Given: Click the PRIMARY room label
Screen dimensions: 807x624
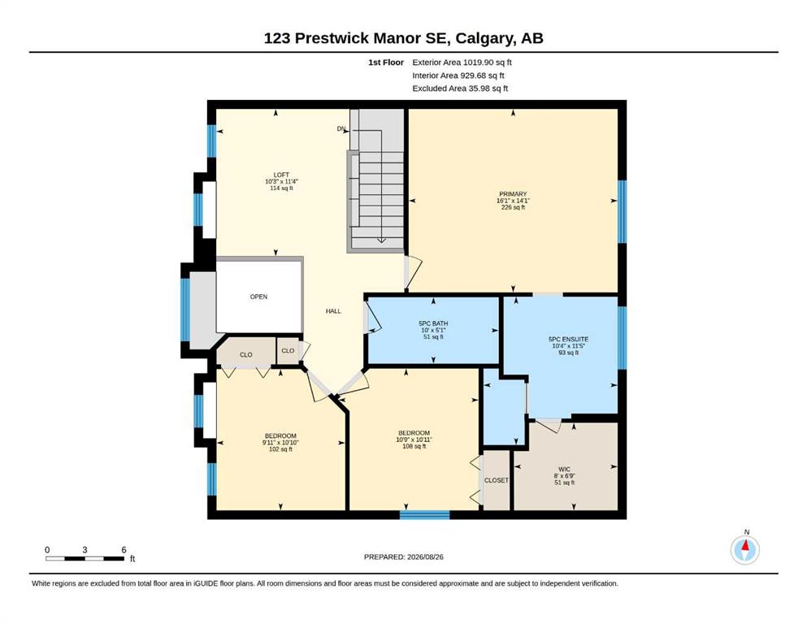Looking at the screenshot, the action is point(513,194).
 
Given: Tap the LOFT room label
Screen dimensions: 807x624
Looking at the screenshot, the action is point(281,175).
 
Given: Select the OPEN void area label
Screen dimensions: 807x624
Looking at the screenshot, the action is point(258,297).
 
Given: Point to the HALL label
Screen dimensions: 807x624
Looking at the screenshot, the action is point(333,311).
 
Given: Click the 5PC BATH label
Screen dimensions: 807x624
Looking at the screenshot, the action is point(433,323).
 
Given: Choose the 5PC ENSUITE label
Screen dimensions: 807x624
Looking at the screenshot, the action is point(568,340).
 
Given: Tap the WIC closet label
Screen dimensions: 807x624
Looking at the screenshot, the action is point(564,470).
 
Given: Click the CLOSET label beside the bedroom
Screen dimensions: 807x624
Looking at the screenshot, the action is point(496,480).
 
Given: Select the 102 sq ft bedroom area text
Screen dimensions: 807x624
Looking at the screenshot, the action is point(280,449).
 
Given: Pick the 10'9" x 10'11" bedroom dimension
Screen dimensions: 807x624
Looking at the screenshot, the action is point(414,440).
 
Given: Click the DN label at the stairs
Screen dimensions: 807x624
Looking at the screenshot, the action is point(341,128).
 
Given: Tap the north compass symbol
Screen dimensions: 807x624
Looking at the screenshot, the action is point(744,549).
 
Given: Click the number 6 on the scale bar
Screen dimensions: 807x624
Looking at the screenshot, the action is point(124,550).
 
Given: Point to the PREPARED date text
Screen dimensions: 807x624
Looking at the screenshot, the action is point(403,557).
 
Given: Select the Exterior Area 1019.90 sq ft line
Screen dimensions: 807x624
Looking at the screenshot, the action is point(462,63).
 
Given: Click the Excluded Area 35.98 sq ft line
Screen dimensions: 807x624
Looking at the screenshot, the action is point(460,89).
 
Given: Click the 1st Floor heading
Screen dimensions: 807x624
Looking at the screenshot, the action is point(385,63).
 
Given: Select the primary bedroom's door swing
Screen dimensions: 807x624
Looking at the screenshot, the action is point(413,271).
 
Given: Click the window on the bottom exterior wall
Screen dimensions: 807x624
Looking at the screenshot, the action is point(424,515).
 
